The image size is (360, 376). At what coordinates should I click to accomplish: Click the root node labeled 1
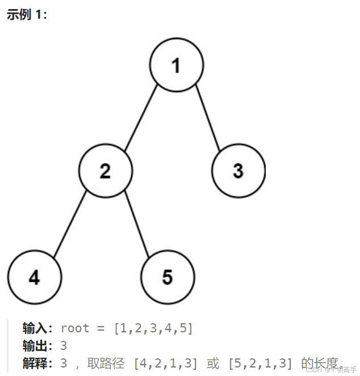tap(176, 65)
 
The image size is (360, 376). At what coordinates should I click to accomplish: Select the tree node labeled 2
tap(105, 171)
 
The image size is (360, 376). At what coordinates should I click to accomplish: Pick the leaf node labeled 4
tap(34, 277)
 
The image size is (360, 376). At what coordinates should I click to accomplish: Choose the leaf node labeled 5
tap(168, 277)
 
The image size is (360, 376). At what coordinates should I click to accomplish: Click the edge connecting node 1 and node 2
tap(141, 117)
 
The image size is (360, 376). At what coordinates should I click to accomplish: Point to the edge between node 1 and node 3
tap(207, 117)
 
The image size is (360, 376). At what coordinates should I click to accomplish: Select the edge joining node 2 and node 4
tap(69, 225)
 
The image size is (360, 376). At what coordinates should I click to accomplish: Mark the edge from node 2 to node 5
tap(136, 225)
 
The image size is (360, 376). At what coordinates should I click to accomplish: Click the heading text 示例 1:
tap(27, 15)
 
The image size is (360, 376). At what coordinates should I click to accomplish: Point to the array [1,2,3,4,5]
tap(153, 328)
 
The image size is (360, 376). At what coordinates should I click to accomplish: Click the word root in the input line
tap(74, 328)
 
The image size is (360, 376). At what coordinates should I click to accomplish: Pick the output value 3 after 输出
tap(64, 346)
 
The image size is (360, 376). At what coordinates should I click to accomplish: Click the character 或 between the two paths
tap(213, 364)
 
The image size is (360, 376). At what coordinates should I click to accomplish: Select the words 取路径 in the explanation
tap(106, 364)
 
